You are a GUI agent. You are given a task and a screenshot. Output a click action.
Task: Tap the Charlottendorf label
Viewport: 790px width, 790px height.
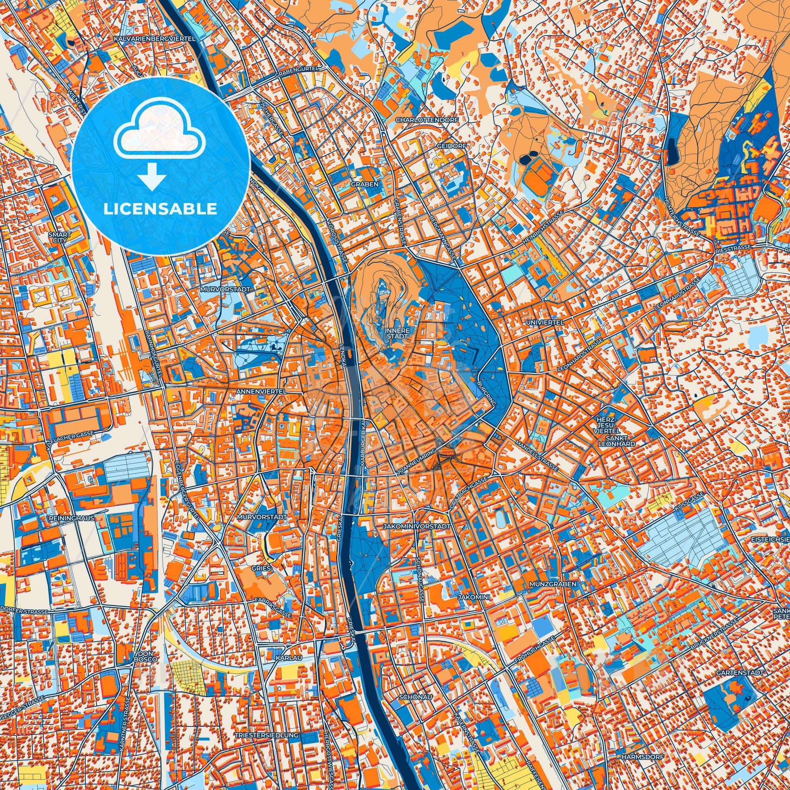click(x=427, y=120)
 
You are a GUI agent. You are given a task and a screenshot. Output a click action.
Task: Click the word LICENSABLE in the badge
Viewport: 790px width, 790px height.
click(x=160, y=209)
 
